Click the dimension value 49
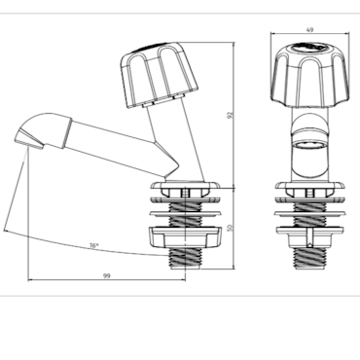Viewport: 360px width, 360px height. click(x=309, y=29)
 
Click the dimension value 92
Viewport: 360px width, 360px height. click(x=231, y=115)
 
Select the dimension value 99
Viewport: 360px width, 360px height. click(x=107, y=276)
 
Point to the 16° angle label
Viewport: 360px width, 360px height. click(x=94, y=246)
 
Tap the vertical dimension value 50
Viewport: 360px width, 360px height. click(x=231, y=228)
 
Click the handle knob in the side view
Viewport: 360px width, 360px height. click(x=159, y=75)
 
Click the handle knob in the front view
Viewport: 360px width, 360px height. click(x=310, y=76)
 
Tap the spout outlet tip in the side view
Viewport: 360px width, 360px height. click(x=28, y=139)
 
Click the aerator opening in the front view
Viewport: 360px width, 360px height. click(x=309, y=144)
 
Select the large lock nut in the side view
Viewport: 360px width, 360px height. click(x=185, y=237)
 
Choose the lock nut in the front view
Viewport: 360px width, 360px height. click(x=310, y=237)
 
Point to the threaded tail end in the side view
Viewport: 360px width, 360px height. click(x=185, y=259)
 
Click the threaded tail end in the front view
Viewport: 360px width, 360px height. click(x=310, y=259)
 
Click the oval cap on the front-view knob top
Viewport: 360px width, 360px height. click(x=309, y=48)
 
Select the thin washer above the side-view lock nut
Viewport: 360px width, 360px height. click(x=185, y=214)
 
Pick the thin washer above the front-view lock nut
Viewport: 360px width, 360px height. click(x=310, y=214)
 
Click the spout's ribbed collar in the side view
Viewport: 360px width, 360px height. click(x=66, y=133)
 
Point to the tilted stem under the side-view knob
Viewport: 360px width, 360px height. click(x=175, y=143)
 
